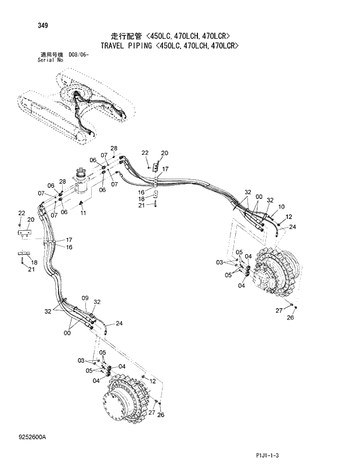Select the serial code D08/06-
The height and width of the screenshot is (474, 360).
[x=78, y=54]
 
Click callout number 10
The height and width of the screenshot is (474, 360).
[x=281, y=207]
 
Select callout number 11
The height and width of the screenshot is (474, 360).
[x=83, y=213]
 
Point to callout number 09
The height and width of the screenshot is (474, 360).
[x=85, y=298]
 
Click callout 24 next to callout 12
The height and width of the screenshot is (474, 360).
[x=292, y=227]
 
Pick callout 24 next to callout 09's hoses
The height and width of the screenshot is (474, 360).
[x=118, y=323]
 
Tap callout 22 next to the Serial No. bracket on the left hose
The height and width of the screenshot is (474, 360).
[x=21, y=213]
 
